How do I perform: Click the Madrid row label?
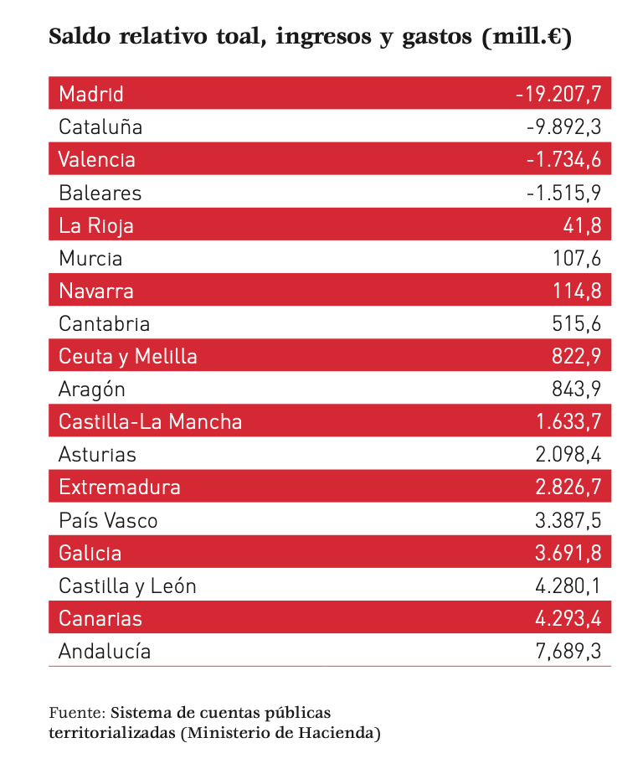click(x=91, y=94)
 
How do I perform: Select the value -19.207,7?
click(x=558, y=94)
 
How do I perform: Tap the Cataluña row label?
click(x=100, y=127)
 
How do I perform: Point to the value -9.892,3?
click(x=564, y=127)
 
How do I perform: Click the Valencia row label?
click(x=97, y=159)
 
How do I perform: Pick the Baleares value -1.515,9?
click(x=564, y=193)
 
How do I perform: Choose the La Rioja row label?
click(x=96, y=225)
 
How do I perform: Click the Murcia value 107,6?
click(x=577, y=258)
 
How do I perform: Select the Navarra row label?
click(x=96, y=291)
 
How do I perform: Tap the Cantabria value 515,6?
click(x=577, y=324)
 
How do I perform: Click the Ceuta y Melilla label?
click(x=128, y=356)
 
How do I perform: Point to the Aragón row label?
click(x=92, y=389)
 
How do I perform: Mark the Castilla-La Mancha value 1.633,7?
click(x=568, y=421)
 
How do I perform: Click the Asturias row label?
click(x=97, y=455)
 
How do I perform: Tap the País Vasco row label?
click(x=108, y=520)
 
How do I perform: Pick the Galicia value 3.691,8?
click(x=568, y=553)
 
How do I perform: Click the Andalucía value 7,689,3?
click(x=568, y=651)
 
